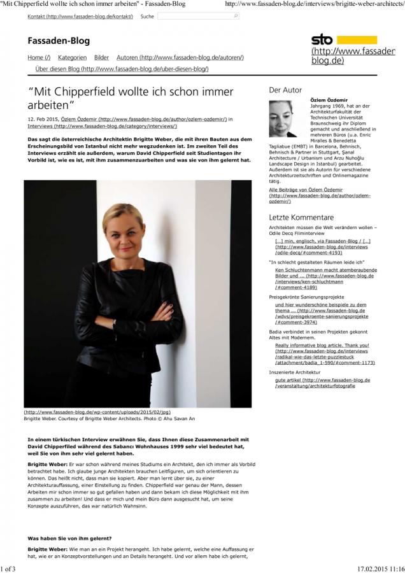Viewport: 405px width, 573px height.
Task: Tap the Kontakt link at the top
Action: pyautogui.click(x=80, y=16)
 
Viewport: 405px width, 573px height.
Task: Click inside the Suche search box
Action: pyautogui.click(x=197, y=16)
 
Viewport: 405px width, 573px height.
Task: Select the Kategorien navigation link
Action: pyautogui.click(x=72, y=57)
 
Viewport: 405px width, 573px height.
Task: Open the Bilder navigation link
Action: pyautogui.click(x=101, y=57)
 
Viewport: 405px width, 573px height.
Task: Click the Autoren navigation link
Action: pyautogui.click(x=180, y=57)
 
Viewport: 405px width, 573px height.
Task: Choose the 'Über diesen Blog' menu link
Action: pyautogui.click(x=121, y=68)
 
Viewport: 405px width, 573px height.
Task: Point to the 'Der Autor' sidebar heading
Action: pyautogui.click(x=285, y=90)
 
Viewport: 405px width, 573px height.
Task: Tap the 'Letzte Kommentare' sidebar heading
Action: pyautogui.click(x=301, y=218)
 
